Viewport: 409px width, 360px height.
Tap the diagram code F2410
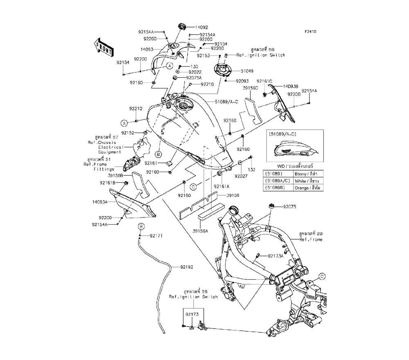point(310,32)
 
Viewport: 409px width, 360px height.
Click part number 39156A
point(200,231)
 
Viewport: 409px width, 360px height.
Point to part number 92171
point(156,236)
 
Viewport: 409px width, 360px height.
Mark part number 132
point(252,169)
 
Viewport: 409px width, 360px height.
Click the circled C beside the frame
point(321,276)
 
